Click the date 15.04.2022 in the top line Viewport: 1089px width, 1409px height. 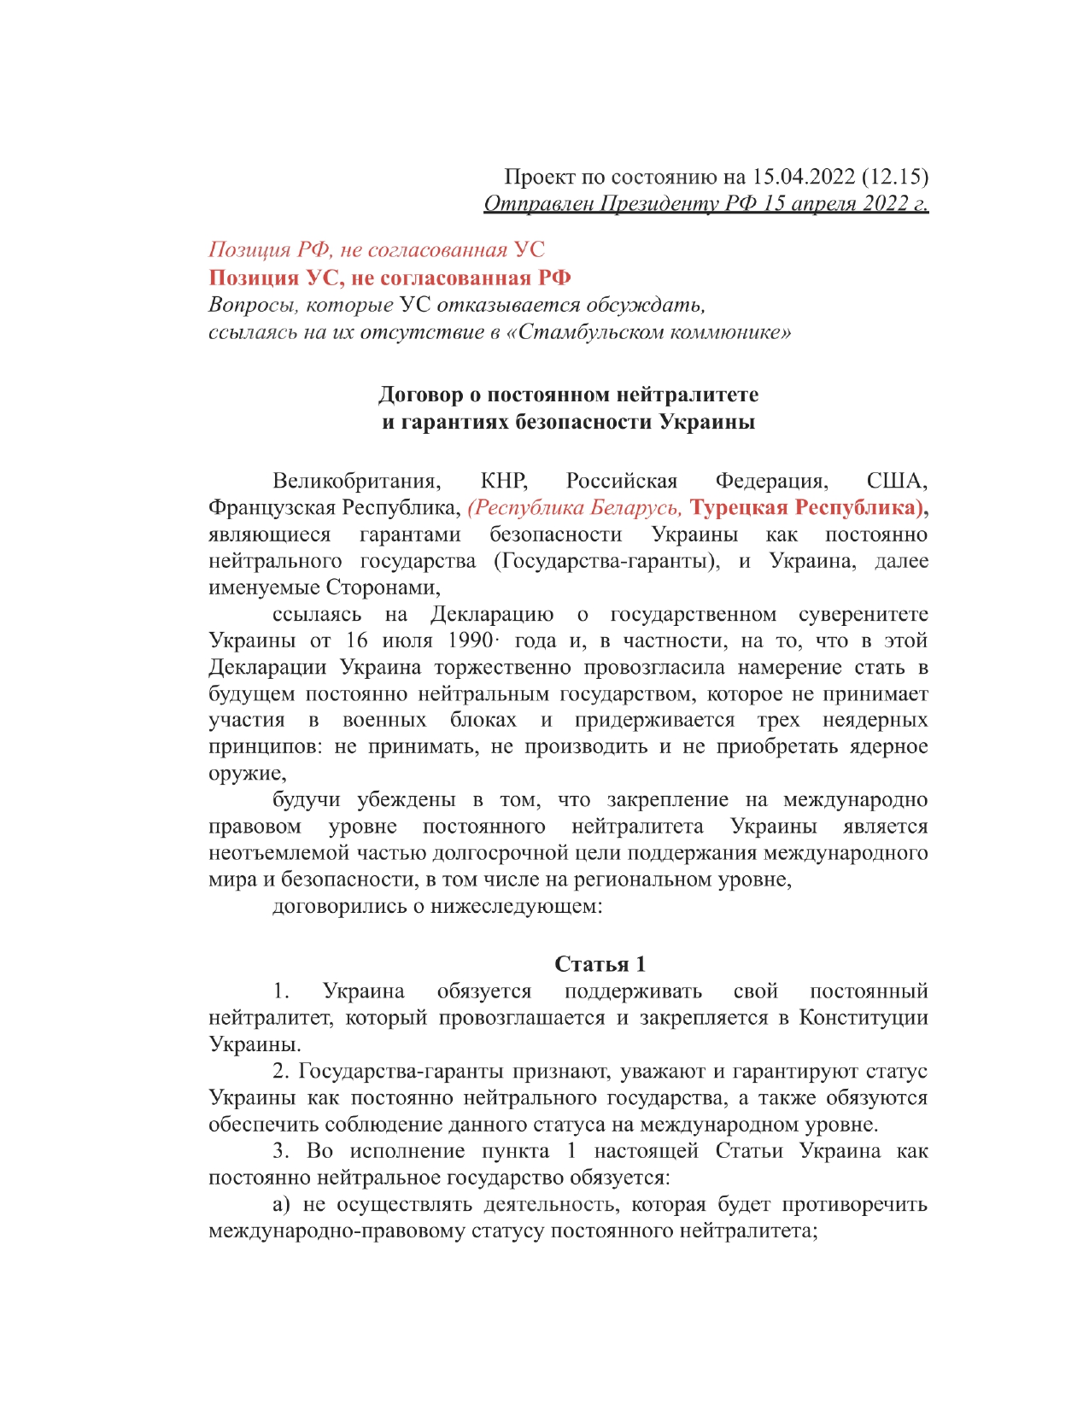pyautogui.click(x=803, y=177)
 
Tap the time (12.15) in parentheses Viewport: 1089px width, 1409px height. pyautogui.click(x=894, y=177)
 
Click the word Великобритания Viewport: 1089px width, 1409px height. pyautogui.click(x=357, y=481)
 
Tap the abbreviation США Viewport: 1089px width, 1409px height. pyautogui.click(x=897, y=481)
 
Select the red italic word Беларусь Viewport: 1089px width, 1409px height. pyautogui.click(x=634, y=507)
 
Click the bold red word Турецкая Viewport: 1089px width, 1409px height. pyautogui.click(x=739, y=507)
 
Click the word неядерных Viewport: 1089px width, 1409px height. pyautogui.click(x=875, y=720)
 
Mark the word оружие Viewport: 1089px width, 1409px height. pyautogui.click(x=245, y=774)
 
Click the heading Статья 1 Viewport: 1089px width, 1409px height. pyautogui.click(x=600, y=964)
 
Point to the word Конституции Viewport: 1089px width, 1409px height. pyautogui.click(x=863, y=1018)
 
